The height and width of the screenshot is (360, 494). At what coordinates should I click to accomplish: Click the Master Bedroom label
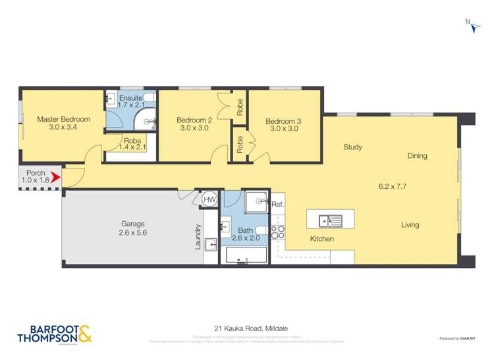click(63, 119)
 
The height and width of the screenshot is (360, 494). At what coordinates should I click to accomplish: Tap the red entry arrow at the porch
click(56, 177)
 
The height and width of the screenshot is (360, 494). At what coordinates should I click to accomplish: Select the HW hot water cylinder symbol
click(209, 199)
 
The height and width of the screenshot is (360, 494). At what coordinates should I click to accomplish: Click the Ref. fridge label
click(277, 205)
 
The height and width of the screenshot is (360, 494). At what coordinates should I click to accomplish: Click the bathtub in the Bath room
click(246, 255)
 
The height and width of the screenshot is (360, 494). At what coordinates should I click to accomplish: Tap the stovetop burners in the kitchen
click(277, 232)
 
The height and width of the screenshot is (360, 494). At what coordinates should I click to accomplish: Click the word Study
click(352, 147)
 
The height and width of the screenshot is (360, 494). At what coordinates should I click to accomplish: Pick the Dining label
click(417, 156)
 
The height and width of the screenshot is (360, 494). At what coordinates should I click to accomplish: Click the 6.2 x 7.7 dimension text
click(392, 186)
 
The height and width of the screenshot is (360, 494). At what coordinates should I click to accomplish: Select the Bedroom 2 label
click(194, 120)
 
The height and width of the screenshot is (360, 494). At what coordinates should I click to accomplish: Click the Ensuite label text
click(130, 97)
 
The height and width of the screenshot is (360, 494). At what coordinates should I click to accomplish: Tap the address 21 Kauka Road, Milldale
click(247, 327)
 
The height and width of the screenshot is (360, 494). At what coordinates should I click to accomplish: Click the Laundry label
click(198, 238)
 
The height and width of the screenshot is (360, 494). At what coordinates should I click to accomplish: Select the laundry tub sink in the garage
click(211, 245)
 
